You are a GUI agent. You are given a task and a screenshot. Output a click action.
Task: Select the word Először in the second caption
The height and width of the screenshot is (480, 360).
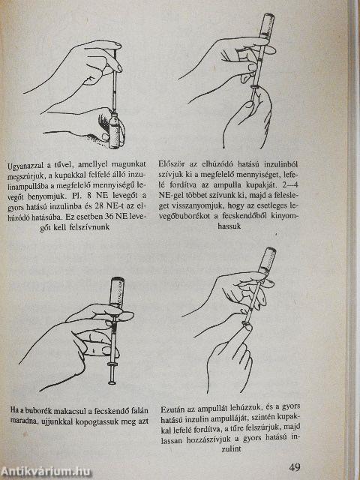click(x=175, y=160)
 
